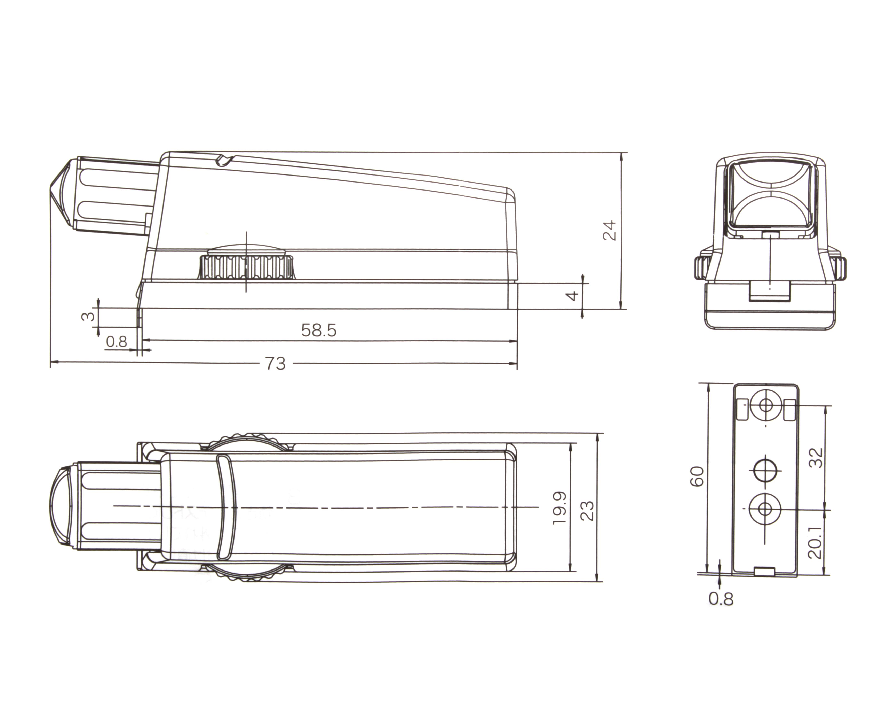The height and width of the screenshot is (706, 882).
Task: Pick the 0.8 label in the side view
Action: (117, 341)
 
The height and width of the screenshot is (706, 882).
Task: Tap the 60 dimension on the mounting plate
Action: (697, 476)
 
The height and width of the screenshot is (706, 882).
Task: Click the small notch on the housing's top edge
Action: (223, 161)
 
